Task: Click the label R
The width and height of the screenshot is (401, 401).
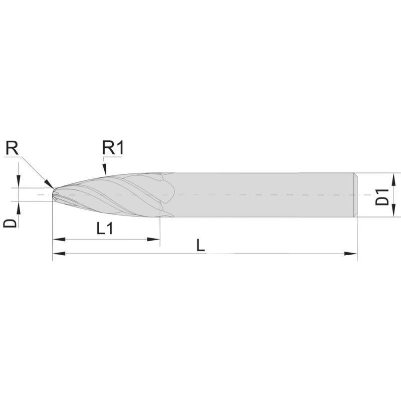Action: tap(13, 148)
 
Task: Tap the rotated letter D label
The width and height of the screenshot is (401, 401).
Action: tap(11, 222)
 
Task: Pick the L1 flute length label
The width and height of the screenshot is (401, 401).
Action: tap(105, 229)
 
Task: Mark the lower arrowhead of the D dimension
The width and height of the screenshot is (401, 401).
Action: tap(19, 207)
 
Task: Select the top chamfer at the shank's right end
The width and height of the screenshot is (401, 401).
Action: tap(355, 174)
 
